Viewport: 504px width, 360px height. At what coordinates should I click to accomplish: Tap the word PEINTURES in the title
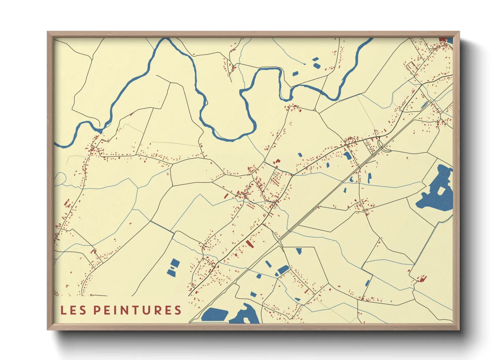pyautogui.click(x=137, y=310)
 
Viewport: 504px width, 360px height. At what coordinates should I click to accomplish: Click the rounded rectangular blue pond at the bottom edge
pyautogui.click(x=215, y=314)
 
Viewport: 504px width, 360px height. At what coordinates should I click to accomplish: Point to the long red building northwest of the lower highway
pyautogui.click(x=250, y=244)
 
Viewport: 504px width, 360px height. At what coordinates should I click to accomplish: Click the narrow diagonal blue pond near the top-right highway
pyautogui.click(x=424, y=105)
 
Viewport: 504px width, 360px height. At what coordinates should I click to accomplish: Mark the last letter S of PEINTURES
pyautogui.click(x=177, y=310)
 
